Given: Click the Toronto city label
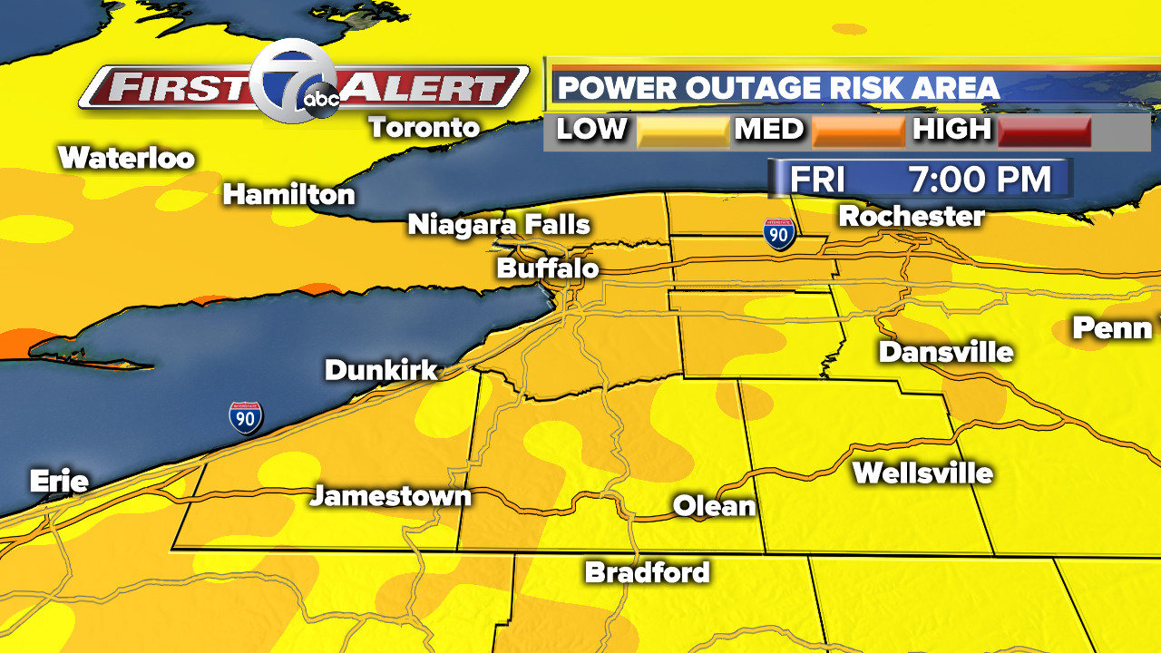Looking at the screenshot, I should (x=424, y=128).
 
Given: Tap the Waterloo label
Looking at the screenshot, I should (x=126, y=159).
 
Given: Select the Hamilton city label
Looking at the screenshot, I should (x=288, y=194).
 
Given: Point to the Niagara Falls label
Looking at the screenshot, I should (x=499, y=224).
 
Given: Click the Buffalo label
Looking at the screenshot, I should (x=548, y=269).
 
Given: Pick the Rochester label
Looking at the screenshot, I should (x=912, y=217).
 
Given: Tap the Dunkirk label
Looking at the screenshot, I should (x=381, y=370).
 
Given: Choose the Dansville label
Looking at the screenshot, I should (x=945, y=352).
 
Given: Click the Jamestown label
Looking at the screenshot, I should (x=391, y=496).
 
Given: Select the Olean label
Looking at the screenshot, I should (x=715, y=506).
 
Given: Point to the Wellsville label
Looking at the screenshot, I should (x=922, y=473).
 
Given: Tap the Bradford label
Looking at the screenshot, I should (x=647, y=572).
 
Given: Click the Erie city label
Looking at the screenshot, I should (x=59, y=481).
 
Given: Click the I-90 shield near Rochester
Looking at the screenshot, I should (x=779, y=234).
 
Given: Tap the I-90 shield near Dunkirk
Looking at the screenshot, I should (x=246, y=417).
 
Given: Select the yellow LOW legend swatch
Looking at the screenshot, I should (x=683, y=132).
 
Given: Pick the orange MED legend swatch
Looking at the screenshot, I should (x=858, y=132).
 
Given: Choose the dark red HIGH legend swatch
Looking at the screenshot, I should (x=1044, y=132).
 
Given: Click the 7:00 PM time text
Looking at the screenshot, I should (x=980, y=180).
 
